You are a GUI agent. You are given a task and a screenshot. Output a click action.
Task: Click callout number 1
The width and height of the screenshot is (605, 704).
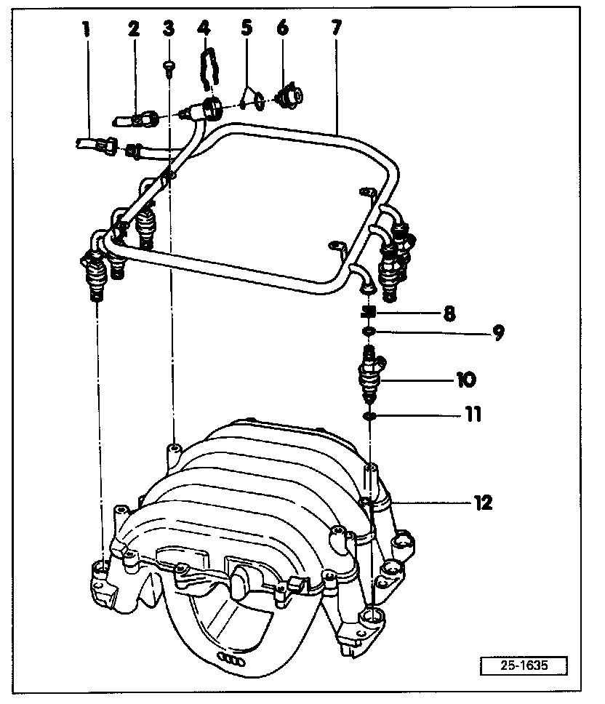point(87,30)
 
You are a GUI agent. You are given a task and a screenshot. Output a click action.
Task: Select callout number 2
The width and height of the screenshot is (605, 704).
point(133,30)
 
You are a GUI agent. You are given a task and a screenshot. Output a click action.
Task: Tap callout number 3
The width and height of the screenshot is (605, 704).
point(169,30)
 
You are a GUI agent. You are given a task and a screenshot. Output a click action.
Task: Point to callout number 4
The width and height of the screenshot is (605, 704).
point(204,30)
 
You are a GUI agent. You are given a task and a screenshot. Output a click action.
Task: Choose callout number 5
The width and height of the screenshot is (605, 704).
point(247,29)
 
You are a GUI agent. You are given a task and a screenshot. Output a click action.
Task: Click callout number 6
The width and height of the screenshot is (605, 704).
point(281,29)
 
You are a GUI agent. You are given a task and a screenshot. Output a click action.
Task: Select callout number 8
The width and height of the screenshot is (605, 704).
point(449,313)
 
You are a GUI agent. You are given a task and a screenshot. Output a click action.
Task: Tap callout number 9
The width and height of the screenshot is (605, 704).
point(497,333)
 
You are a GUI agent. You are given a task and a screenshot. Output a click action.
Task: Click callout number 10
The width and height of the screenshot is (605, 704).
point(466,379)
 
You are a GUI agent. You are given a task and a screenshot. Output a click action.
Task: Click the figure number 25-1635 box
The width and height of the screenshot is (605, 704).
point(523,664)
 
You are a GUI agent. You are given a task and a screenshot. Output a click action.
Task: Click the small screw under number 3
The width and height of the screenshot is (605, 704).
point(169,66)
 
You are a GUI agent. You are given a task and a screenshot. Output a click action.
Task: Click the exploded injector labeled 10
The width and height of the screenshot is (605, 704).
point(369,375)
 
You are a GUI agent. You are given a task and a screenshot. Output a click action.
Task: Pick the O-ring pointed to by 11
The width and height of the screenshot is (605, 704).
point(369,417)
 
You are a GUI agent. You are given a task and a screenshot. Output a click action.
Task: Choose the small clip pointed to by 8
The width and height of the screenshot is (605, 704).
point(368,313)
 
